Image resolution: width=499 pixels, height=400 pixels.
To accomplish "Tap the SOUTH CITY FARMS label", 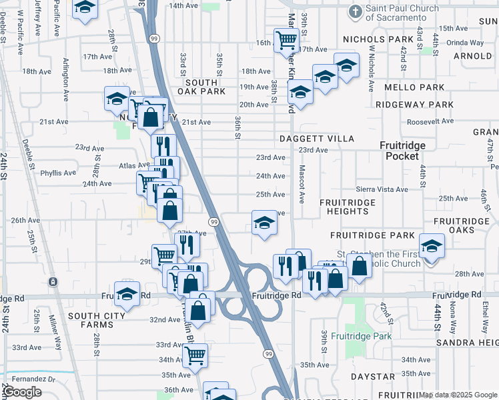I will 97,316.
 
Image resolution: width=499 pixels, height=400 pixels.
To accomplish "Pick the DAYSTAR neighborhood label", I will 372,377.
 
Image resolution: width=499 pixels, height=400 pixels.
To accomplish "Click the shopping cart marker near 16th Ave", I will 286,40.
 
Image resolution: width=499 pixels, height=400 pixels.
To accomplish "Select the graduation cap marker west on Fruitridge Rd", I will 127,293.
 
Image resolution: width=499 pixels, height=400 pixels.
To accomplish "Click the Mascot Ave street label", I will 302,184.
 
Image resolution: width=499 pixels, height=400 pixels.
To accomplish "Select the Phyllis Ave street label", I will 58,173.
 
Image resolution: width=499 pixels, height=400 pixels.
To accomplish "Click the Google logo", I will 23,392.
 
